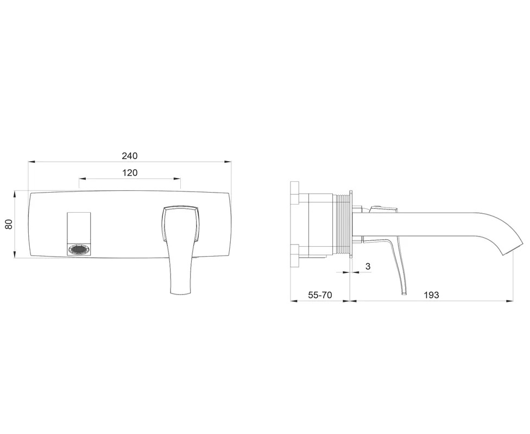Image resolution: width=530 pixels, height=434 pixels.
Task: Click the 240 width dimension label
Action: [130, 156]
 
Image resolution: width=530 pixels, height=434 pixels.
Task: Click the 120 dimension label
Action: [130, 173]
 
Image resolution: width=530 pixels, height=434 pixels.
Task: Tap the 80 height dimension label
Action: [9, 224]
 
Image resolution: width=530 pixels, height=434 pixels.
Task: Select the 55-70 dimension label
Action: [320, 295]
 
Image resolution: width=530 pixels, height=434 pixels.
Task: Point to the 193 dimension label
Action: [431, 295]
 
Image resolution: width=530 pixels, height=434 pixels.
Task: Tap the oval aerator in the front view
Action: [79, 250]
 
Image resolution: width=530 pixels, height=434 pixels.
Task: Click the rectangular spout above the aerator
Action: [79, 228]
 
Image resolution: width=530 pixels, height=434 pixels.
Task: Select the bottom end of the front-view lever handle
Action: [181, 293]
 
